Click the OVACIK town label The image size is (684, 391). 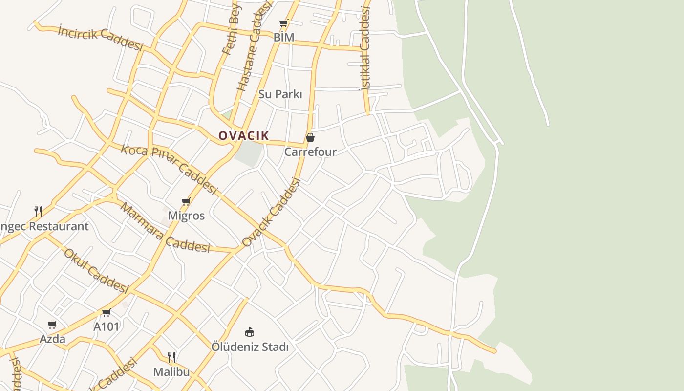pos(243,135)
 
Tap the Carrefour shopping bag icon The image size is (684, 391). pos(310,137)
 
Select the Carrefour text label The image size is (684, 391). pos(310,152)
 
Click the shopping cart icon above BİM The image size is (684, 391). pos(283,23)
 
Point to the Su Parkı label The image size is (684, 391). pos(280,94)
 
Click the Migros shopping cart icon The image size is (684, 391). pos(186,201)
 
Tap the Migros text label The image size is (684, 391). pos(186,216)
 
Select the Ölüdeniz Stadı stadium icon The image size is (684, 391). pos(250,332)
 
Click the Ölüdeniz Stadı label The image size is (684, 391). pos(250,347)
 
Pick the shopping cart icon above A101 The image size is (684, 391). pos(106,312)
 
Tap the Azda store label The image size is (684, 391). pos(52,339)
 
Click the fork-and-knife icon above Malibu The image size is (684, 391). pos(171,357)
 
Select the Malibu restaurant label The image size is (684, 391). pos(171,372)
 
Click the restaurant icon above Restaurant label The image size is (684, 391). pos(38,211)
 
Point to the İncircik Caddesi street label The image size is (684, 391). pos(100,38)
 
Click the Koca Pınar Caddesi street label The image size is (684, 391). pos(169,169)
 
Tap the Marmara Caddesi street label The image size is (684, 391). pos(165,228)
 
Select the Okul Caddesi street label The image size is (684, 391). pos(96,271)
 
